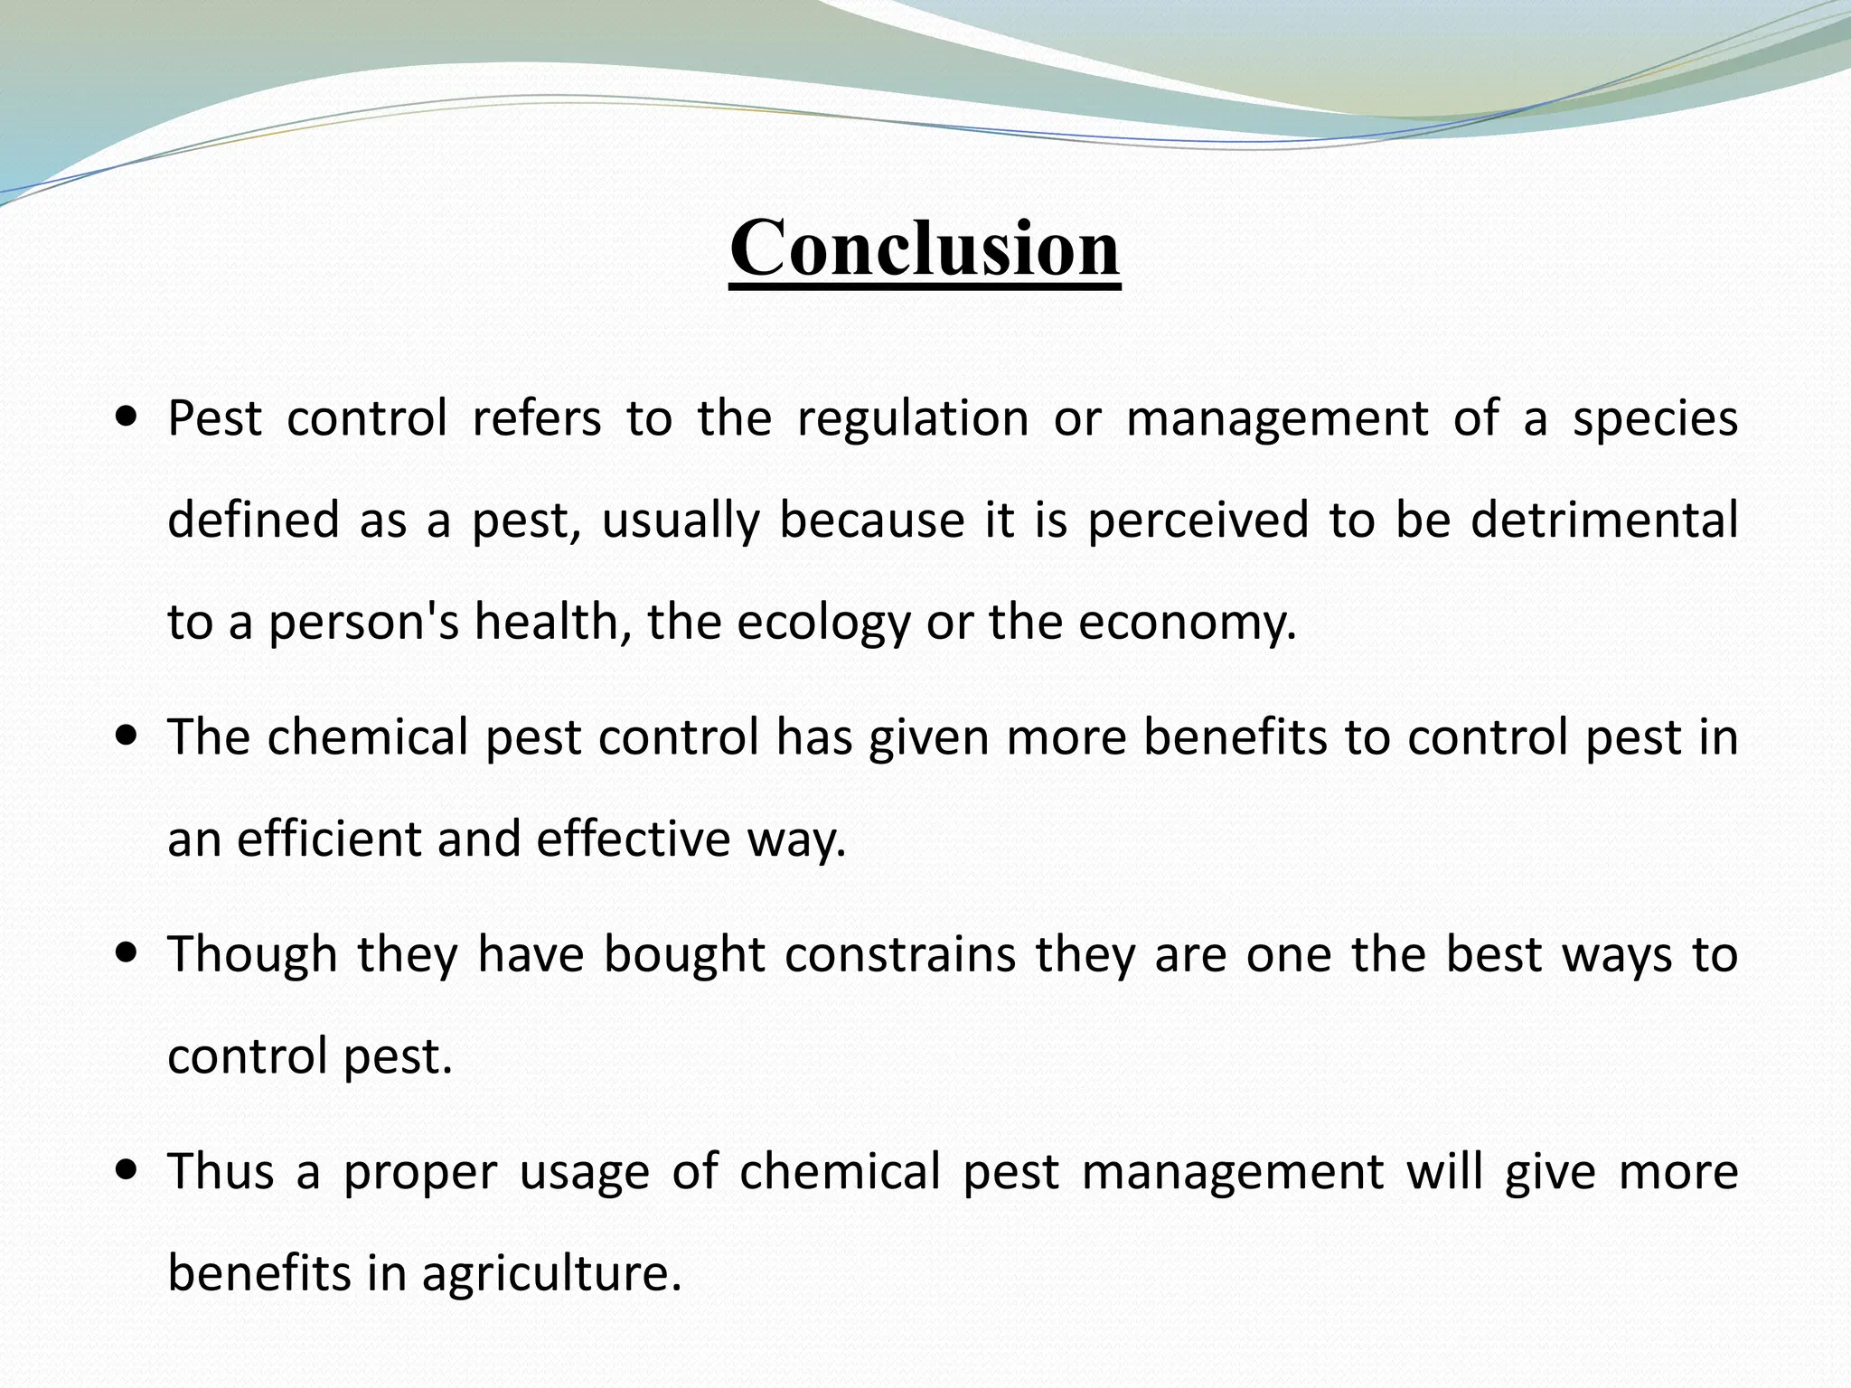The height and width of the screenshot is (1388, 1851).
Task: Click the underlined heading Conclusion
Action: click(x=925, y=249)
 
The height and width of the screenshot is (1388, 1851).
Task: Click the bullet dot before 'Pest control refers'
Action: click(x=127, y=418)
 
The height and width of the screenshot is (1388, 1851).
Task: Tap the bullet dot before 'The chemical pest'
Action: click(x=127, y=736)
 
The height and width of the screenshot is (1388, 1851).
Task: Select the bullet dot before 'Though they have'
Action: click(x=127, y=953)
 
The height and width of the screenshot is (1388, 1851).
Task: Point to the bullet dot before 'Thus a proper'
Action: click(x=127, y=1171)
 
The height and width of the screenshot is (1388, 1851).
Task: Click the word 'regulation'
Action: click(x=913, y=420)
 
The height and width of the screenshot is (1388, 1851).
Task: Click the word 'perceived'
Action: click(x=1198, y=521)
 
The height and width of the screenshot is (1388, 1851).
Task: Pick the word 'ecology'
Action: click(x=823, y=624)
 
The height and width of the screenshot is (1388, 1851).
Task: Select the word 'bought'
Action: click(x=684, y=954)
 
